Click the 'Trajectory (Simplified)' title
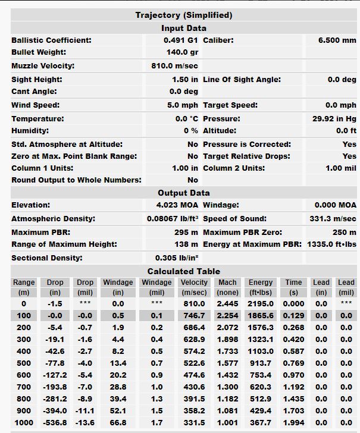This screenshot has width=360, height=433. pos(183,15)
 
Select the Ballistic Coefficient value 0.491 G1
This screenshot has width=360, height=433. pos(180,40)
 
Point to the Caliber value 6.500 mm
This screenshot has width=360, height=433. pos(337,40)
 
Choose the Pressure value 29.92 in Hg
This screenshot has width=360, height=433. pos(334,119)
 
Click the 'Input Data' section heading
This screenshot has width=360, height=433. pos(183,28)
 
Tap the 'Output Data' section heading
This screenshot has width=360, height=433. pos(183,193)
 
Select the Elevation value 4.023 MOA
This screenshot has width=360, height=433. pos(177,205)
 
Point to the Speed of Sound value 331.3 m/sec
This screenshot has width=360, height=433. pos(333,219)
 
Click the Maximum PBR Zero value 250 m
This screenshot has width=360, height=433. pos(345,233)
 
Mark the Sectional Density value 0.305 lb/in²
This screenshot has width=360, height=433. pos(176,258)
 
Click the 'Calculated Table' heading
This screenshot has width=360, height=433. pos(183,271)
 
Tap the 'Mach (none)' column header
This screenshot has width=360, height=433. pos(227,287)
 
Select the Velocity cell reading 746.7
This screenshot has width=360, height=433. pos(194,316)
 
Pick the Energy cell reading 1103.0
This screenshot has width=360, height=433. pos(261,352)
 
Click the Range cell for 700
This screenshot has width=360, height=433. pos(23,387)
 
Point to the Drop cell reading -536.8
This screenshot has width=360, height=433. pos(55,423)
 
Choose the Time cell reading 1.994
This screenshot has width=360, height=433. pos(293,423)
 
